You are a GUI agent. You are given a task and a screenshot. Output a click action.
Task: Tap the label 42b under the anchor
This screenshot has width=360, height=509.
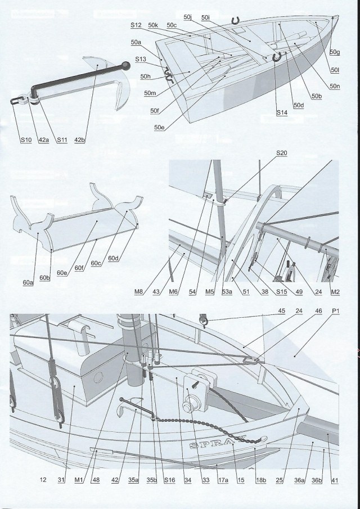79,140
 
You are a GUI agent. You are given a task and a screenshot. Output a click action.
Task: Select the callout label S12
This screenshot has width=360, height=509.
136,26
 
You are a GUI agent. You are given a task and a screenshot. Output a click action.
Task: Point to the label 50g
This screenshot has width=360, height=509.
335,52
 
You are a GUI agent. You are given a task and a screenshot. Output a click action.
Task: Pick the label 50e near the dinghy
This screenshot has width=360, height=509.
159,127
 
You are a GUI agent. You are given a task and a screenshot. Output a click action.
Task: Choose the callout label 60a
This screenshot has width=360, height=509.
29,283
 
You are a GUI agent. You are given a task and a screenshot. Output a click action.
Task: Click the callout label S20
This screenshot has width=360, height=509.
281,153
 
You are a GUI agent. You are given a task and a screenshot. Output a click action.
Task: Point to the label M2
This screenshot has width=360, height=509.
335,292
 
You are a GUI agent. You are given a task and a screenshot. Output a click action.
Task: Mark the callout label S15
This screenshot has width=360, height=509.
265,292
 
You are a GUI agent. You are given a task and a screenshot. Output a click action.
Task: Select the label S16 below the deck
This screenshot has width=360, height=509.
169,480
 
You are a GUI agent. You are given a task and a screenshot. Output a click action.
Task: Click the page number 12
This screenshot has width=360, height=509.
43,480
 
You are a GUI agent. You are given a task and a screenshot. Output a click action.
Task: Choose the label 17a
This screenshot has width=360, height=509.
223,480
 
